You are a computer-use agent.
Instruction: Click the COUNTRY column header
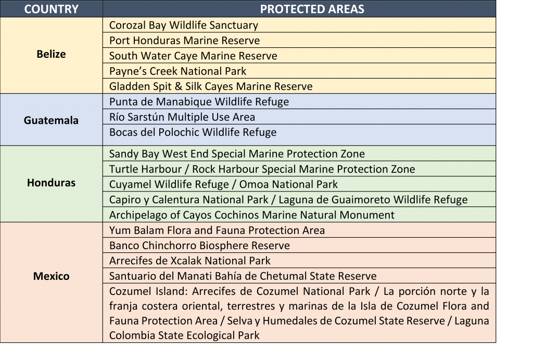52,9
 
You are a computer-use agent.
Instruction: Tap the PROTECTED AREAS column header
312,9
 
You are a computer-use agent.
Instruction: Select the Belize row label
52,54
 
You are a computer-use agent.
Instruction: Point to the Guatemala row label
52,120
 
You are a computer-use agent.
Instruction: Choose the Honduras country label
52,183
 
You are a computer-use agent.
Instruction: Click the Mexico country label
52,276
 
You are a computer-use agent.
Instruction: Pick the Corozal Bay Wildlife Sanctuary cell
184,25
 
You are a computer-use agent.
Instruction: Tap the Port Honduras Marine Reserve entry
185,41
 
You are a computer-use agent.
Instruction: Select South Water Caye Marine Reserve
193,56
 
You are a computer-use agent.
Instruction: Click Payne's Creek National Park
178,71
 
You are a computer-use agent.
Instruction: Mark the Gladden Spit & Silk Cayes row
211,86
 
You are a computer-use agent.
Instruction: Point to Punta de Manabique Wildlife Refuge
199,101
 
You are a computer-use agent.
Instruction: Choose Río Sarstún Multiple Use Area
182,117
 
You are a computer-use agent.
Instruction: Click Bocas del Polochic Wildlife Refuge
193,132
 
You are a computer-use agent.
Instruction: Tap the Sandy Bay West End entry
237,154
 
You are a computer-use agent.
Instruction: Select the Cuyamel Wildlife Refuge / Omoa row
223,184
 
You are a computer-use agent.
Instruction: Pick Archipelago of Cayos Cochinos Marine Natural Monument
252,215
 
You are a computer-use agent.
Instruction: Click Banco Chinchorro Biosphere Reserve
199,246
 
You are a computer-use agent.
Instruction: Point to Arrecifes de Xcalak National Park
189,261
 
